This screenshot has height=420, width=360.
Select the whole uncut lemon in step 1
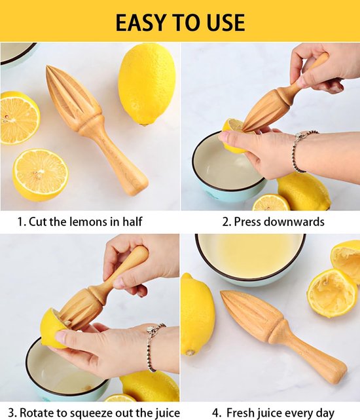(x=143, y=85)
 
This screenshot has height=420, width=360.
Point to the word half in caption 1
(x=132, y=221)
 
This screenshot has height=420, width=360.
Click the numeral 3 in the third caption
(x=11, y=413)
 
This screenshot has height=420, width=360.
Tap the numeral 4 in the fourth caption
(x=216, y=413)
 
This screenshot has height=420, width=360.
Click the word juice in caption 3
(x=166, y=413)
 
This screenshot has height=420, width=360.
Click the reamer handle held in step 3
(x=126, y=271)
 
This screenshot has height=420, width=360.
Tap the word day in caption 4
(x=325, y=413)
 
